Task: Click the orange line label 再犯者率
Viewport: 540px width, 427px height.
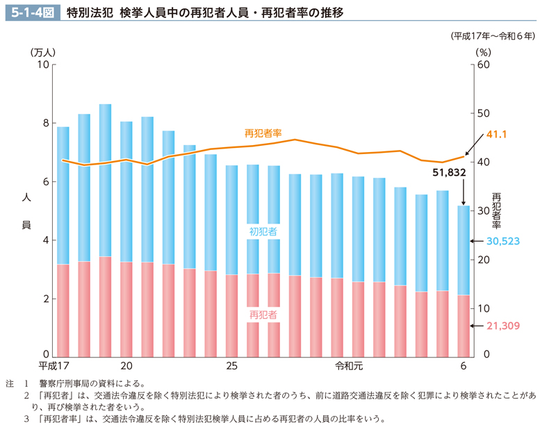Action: pos(263,132)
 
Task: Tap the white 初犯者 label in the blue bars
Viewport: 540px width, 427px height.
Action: pos(263,231)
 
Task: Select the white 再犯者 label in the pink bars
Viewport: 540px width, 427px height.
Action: pos(263,315)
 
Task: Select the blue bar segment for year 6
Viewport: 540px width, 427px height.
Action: pos(464,250)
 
